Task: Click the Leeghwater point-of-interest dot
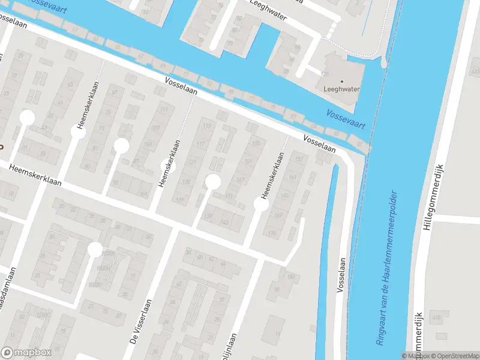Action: tap(343, 81)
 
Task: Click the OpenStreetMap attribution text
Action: tap(454, 356)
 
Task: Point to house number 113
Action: tap(208, 125)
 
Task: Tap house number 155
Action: tap(257, 143)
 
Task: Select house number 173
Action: tap(272, 233)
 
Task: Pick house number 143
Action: tap(224, 223)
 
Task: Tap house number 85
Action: tap(88, 166)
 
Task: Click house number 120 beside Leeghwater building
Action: tap(326, 74)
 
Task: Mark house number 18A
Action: tap(291, 277)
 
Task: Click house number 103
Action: tap(143, 194)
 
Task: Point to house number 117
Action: tap(201, 143)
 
